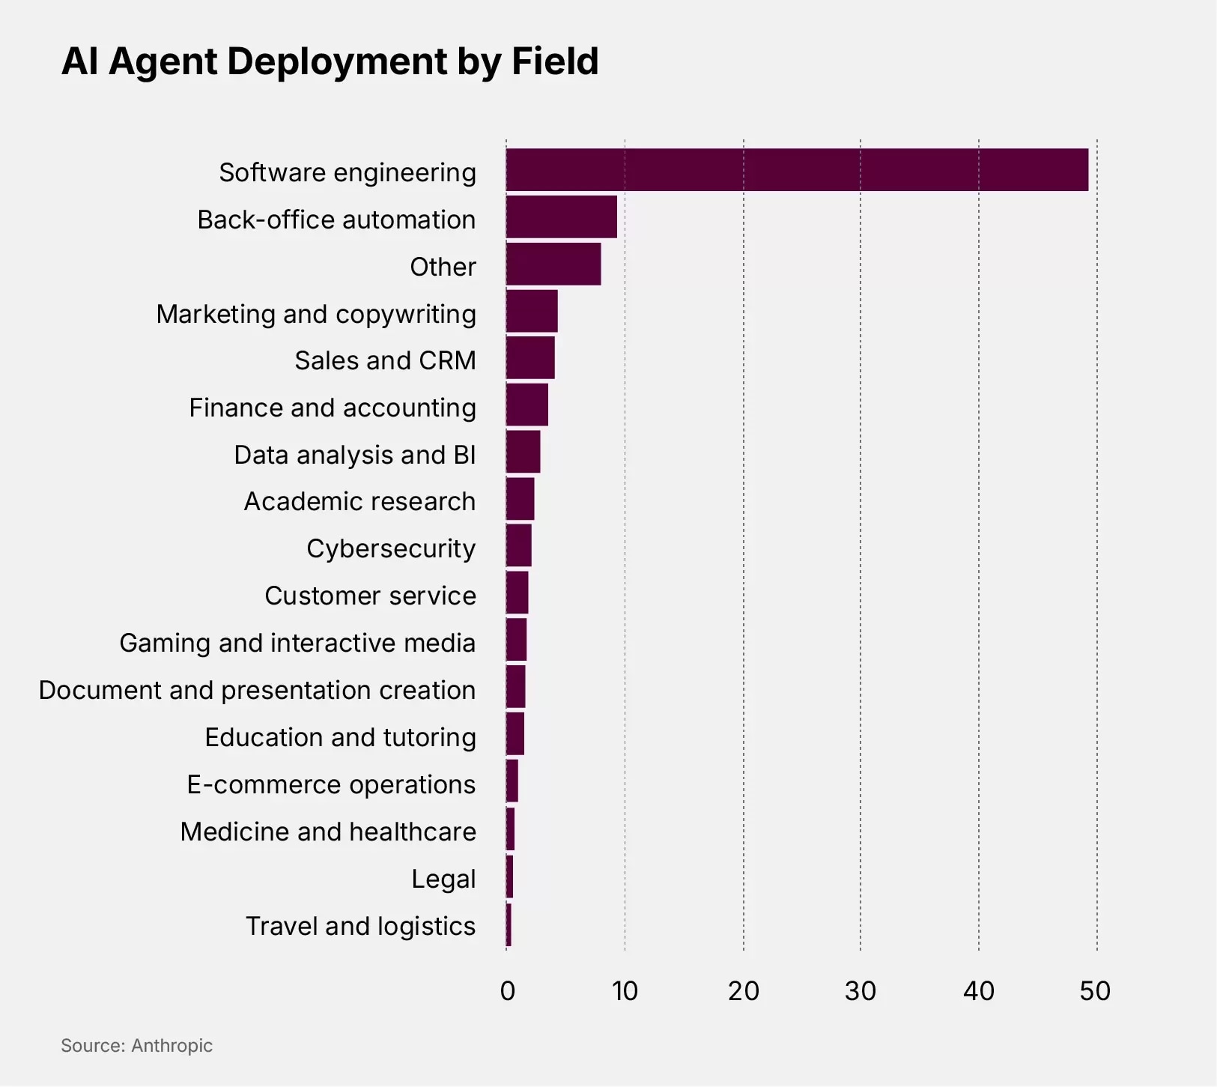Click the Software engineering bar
(797, 170)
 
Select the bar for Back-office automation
(562, 217)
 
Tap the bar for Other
(553, 264)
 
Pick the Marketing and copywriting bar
(532, 311)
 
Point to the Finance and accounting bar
(527, 405)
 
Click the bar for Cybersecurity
(519, 545)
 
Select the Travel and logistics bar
(509, 925)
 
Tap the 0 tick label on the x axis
(507, 991)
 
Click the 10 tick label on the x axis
(625, 991)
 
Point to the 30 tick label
(861, 991)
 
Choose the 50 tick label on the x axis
(1095, 991)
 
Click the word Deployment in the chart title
(338, 62)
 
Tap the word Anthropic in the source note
(172, 1046)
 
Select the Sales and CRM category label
(385, 360)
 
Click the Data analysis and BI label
(354, 455)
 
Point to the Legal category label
(443, 879)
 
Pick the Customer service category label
(370, 596)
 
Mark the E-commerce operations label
(331, 784)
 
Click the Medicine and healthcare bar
(511, 829)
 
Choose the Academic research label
(359, 501)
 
